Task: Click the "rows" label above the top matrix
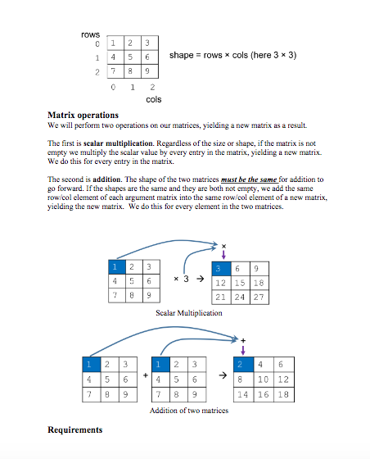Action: [90, 34]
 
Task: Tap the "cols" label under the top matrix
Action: [153, 99]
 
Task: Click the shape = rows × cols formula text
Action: [232, 55]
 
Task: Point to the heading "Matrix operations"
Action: [83, 115]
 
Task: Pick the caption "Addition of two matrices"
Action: [188, 409]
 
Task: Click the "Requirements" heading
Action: [75, 429]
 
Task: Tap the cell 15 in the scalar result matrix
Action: [239, 282]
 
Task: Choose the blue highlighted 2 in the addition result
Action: [239, 364]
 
